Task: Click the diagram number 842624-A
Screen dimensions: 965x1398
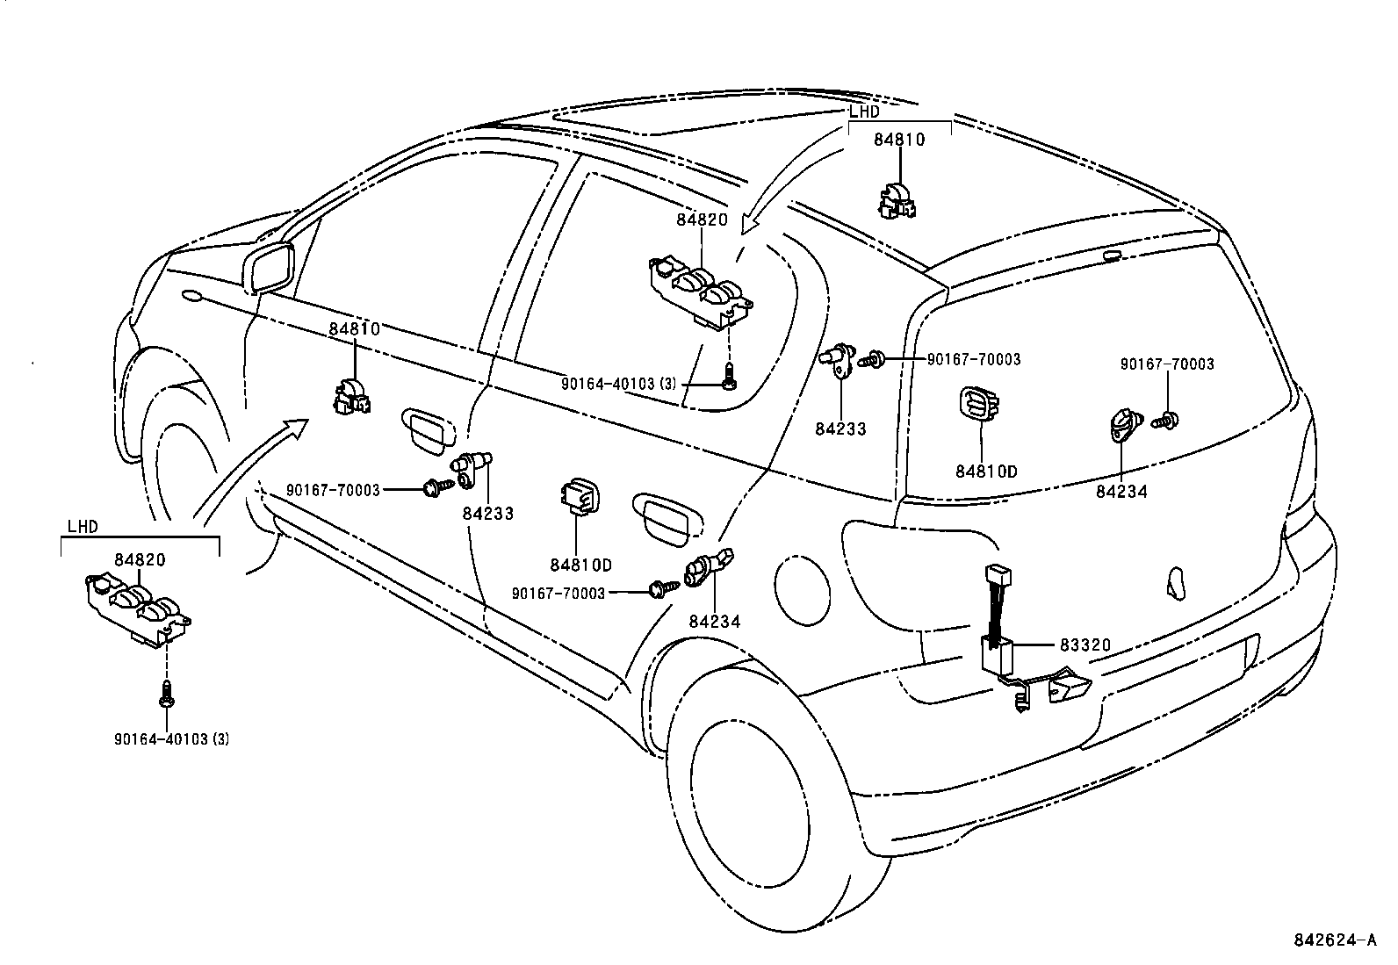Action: [1334, 940]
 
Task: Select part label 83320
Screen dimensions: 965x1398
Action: [1085, 645]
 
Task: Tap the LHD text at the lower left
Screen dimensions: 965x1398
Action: [83, 527]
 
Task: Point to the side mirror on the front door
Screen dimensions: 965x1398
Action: [271, 267]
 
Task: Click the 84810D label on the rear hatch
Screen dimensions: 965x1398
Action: [986, 472]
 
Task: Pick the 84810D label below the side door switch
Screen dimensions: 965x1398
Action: [580, 565]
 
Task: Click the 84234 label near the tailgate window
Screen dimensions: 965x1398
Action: [1121, 492]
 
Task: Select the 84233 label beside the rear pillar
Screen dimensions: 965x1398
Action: [840, 429]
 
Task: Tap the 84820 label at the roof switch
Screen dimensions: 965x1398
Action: [702, 220]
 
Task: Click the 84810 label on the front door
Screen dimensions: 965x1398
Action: [355, 328]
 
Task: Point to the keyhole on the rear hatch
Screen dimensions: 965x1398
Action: [1176, 581]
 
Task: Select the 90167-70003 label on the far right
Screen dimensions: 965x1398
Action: [1167, 364]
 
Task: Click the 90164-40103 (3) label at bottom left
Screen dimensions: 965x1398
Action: [171, 739]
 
